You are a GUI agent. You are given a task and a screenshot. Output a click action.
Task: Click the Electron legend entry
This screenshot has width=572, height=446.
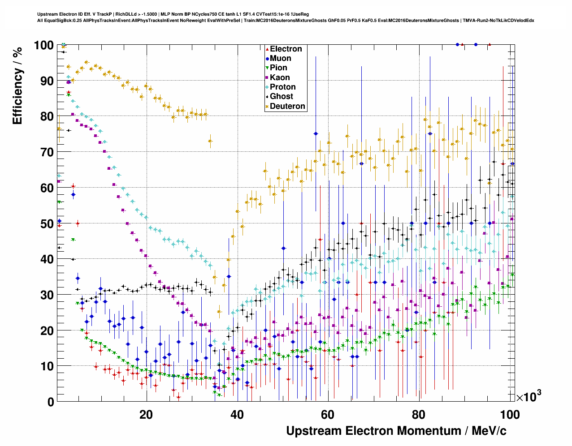pos(286,49)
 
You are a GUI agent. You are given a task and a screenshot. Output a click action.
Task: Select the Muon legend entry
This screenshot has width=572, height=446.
pos(280,58)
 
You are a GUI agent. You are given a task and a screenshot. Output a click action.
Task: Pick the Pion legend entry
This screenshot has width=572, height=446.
pos(278,68)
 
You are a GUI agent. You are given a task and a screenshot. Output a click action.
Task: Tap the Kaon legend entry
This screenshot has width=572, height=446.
pos(280,77)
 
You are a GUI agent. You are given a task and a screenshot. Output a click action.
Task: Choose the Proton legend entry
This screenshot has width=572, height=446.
pos(282,87)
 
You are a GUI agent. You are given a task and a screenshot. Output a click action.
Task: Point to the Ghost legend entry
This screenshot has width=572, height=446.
pos(281,96)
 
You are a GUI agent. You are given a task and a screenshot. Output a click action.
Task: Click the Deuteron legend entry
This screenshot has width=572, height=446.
pos(287,106)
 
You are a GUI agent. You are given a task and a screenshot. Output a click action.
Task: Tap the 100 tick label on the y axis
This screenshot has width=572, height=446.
pos(44,45)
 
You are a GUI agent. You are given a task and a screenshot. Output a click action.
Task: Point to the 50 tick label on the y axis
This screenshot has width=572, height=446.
pos(47,223)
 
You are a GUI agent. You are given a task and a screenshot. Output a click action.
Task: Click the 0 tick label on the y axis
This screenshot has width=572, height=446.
pos(50,402)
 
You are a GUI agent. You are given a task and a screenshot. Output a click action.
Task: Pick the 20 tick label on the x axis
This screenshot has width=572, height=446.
pos(146,415)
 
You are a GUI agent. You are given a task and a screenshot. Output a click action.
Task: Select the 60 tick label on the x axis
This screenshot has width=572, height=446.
pos(328,415)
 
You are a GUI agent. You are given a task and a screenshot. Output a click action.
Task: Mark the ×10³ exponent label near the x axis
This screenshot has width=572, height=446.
pos(529,396)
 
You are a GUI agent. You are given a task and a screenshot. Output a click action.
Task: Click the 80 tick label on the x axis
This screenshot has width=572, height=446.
pos(419,415)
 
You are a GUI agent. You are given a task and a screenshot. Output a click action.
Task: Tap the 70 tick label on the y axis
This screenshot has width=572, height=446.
pos(47,152)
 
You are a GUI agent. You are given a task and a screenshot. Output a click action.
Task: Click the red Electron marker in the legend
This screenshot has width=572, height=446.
pos(267,49)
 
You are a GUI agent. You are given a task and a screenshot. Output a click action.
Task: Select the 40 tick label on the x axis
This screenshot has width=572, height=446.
pos(237,415)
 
